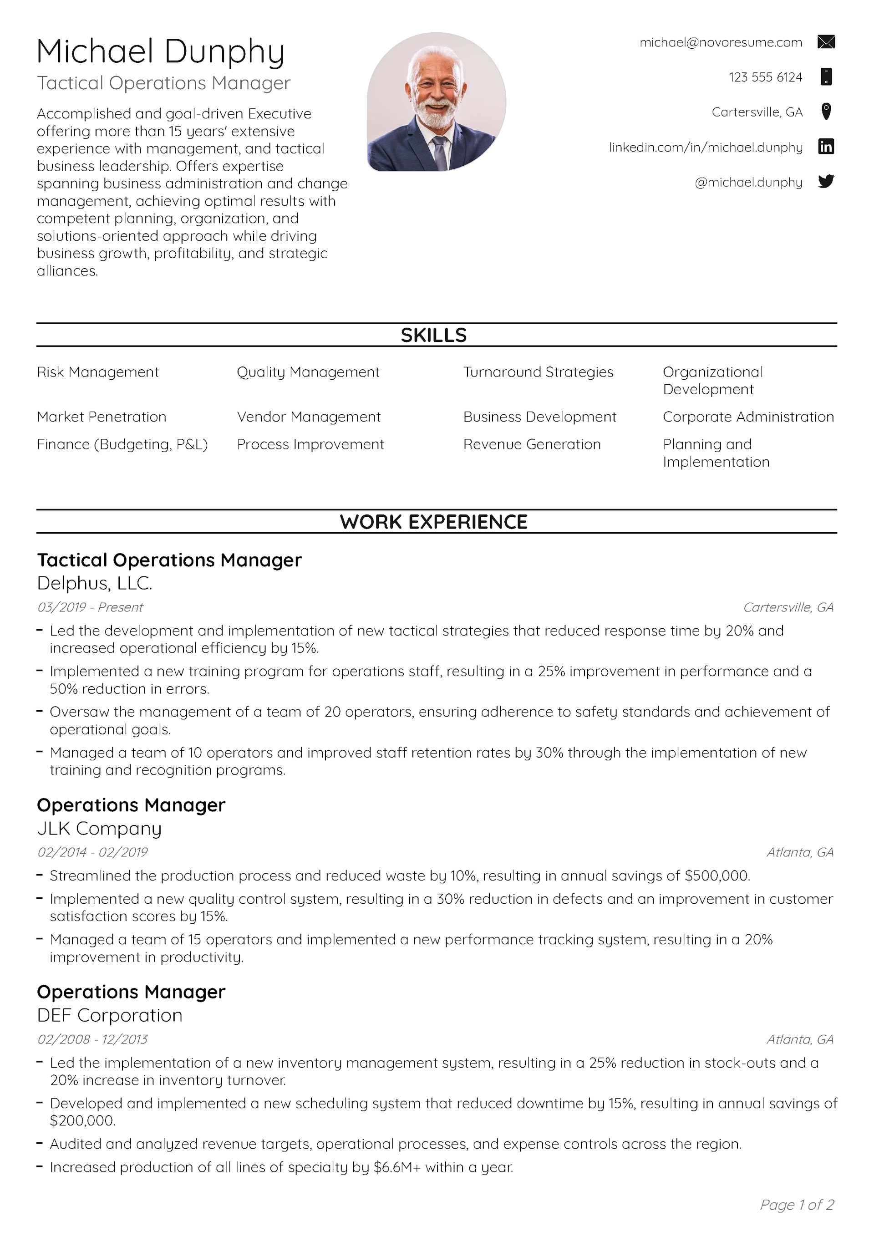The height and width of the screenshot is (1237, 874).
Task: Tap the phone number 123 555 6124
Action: pos(765,77)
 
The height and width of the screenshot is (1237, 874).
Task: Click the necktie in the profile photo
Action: pos(440,153)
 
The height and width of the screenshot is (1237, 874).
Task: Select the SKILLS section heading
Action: pos(434,335)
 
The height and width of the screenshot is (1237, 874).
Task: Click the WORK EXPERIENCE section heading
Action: pos(434,521)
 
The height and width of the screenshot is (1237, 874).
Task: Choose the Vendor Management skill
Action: pos(308,417)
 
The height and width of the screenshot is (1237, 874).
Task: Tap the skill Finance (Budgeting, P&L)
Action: pos(122,444)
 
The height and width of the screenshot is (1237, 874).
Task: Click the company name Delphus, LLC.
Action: pos(95,583)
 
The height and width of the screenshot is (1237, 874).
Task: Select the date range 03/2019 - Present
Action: pos(90,607)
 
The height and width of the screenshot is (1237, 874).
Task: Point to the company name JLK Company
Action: pos(99,828)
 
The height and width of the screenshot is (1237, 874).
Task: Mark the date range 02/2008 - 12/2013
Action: pos(92,1039)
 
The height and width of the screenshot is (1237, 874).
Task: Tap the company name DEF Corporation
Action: pos(109,1015)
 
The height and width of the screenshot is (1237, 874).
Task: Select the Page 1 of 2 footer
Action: pos(797,1204)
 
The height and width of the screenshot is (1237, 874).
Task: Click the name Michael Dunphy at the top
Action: pos(161,52)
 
